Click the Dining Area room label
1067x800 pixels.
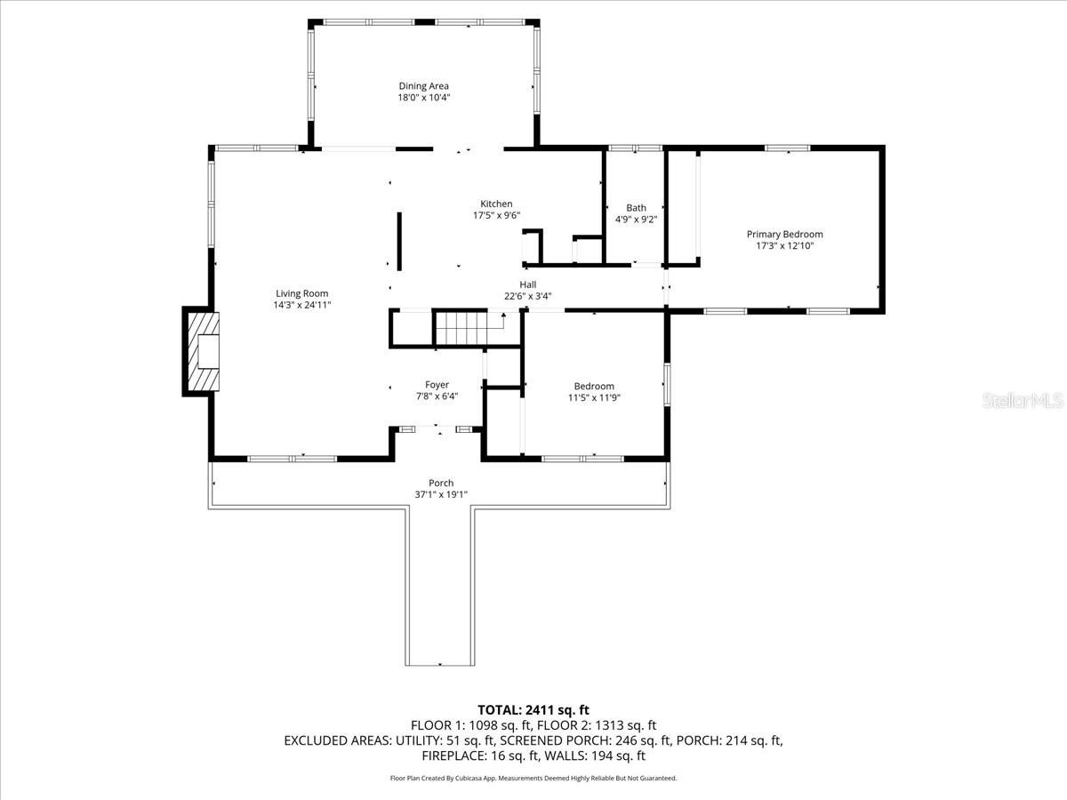[x=423, y=86]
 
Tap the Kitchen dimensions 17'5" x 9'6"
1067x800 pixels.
[x=496, y=215]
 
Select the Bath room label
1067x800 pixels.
[x=636, y=208]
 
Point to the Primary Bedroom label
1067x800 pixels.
[x=784, y=235]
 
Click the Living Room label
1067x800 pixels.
[x=301, y=293]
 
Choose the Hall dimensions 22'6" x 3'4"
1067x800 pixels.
[x=527, y=296]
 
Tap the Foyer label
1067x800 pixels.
[x=437, y=385]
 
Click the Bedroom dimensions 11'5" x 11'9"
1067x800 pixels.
[x=594, y=397]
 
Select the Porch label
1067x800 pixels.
[x=441, y=484]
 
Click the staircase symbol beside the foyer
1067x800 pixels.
[x=461, y=328]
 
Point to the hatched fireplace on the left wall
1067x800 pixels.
[x=200, y=351]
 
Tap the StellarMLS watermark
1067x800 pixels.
[x=1023, y=402]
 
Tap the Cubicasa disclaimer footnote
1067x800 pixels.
[x=533, y=778]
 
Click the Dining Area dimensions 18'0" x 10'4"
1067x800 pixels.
[x=423, y=98]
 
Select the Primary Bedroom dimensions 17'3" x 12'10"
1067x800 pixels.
[x=784, y=246]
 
